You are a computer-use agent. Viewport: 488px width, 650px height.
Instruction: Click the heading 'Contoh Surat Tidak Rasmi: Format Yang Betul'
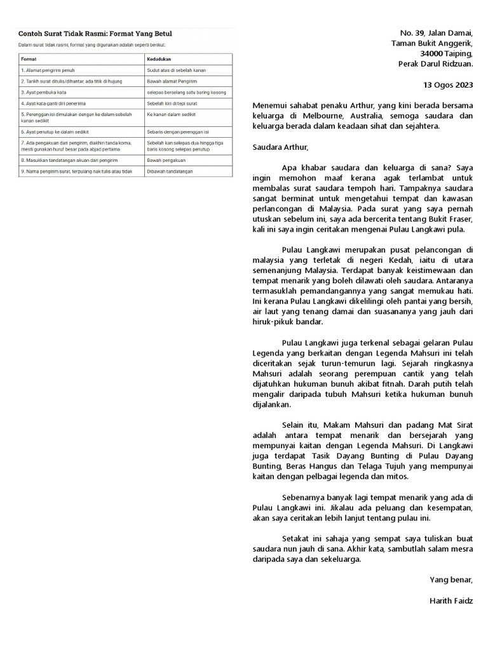[95, 33]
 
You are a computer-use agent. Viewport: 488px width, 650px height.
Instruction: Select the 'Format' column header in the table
[29, 58]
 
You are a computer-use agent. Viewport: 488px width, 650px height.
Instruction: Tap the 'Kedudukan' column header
[159, 58]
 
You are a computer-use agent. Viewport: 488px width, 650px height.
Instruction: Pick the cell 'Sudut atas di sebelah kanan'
[176, 70]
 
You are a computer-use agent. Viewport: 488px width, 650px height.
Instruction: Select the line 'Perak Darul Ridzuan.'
[435, 63]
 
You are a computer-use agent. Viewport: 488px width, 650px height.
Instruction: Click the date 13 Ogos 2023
[448, 84]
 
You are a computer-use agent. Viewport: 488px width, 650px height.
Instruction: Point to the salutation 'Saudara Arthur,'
[280, 147]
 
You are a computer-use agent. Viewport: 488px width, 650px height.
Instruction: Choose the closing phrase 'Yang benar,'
[451, 580]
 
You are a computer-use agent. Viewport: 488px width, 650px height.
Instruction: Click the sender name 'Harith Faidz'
[451, 600]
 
